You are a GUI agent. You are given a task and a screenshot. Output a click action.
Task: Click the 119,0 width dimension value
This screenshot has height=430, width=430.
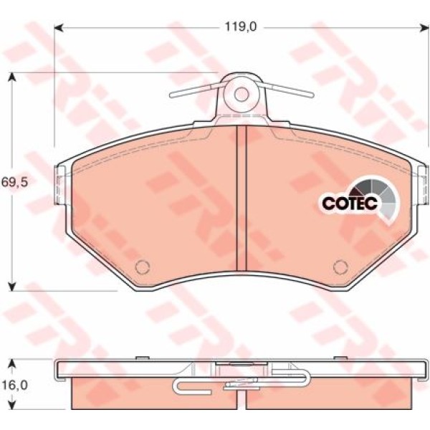pyautogui.click(x=241, y=27)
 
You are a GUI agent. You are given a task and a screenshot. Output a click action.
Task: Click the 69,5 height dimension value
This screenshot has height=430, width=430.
pyautogui.click(x=15, y=182)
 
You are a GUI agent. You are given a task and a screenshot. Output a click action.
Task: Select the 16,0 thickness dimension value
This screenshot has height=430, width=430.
pyautogui.click(x=15, y=386)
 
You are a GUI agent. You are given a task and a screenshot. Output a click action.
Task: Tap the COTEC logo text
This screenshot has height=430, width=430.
pyautogui.click(x=350, y=203)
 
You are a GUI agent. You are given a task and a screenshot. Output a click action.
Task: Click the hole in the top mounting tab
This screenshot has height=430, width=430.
pyautogui.click(x=242, y=95)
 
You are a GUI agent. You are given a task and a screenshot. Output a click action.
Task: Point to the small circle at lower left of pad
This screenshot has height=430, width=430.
pyautogui.click(x=143, y=267)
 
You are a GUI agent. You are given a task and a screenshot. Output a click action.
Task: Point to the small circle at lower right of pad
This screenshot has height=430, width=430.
pyautogui.click(x=340, y=267)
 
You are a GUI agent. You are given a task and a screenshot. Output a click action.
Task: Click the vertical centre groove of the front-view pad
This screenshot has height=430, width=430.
pyautogui.click(x=242, y=198)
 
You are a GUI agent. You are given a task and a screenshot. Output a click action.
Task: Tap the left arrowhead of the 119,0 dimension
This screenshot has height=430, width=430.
pyautogui.click(x=59, y=28)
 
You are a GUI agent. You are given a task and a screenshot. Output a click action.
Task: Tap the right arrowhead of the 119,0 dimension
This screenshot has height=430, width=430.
pyautogui.click(x=424, y=28)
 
